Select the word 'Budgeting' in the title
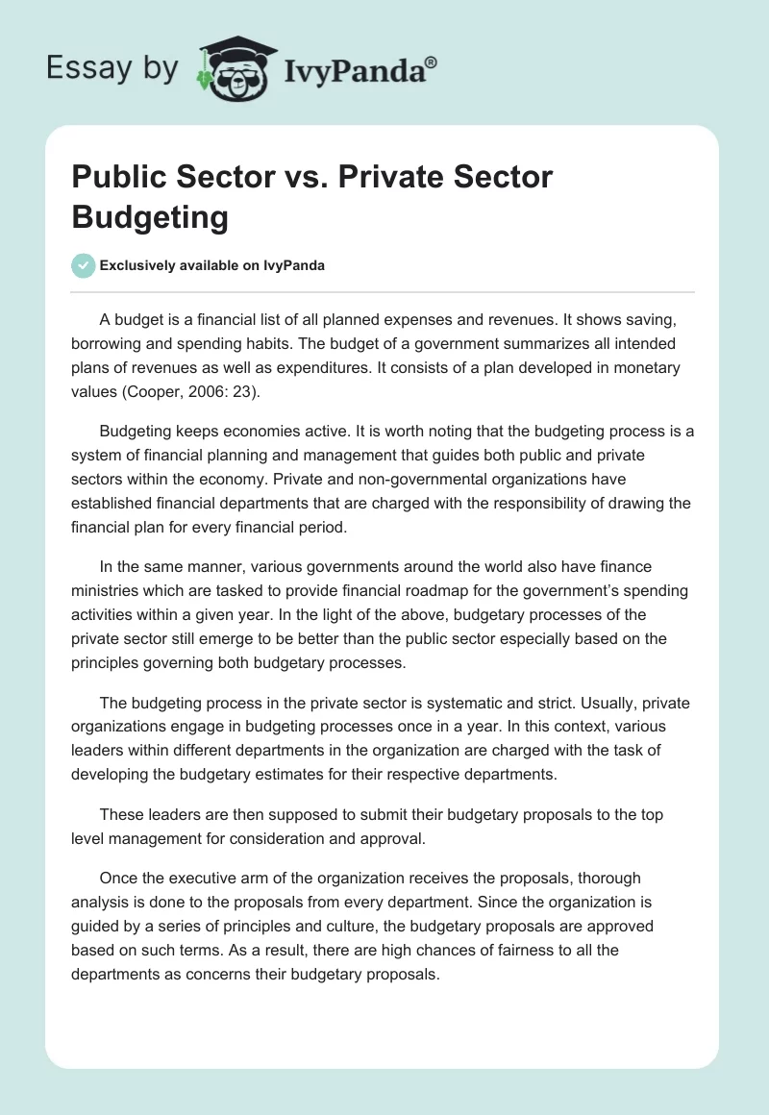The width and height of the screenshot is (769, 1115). click(150, 216)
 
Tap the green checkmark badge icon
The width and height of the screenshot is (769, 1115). click(84, 265)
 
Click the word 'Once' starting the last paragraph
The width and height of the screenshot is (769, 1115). click(118, 878)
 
